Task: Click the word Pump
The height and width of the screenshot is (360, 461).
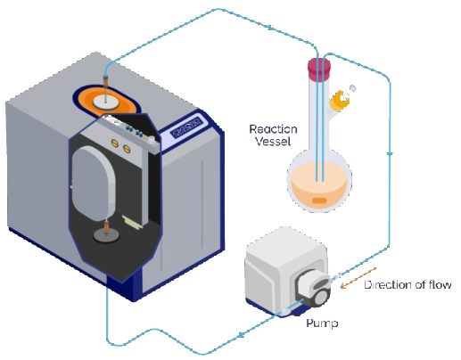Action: coord(322,323)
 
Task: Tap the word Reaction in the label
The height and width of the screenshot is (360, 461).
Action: coord(273,129)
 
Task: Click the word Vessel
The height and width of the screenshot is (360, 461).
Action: coord(273,141)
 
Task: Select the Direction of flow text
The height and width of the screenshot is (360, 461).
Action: coord(407,285)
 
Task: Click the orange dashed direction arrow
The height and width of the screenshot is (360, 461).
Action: coord(358,278)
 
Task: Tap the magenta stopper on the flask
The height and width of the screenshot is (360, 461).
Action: coord(319,70)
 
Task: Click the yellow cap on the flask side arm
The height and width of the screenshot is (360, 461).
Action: coord(340,100)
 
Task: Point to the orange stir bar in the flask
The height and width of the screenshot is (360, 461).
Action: coord(319,200)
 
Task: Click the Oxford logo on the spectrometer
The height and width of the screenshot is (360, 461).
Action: coord(186,127)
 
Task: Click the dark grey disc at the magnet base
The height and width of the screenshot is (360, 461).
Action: coord(107,235)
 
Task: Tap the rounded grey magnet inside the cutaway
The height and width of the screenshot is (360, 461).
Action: coord(94,184)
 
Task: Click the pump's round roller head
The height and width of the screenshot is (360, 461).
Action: coord(322,297)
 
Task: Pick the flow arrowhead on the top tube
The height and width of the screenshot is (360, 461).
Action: coord(271,28)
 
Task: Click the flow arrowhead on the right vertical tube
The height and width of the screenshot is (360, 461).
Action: coord(390,154)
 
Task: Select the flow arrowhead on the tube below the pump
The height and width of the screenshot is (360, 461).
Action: coord(242,334)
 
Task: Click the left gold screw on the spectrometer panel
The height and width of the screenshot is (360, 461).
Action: coord(115,143)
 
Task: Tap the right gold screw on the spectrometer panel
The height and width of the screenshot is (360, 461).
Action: coord(127,148)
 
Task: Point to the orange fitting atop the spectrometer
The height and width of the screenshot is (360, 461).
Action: coord(106,80)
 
